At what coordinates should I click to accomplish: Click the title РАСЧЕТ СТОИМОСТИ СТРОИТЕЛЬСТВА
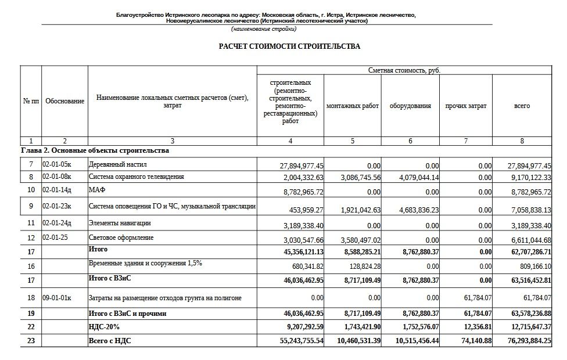(289, 46)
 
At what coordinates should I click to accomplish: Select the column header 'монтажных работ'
(353, 106)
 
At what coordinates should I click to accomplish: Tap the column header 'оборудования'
(410, 106)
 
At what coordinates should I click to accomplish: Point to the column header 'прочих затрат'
(465, 106)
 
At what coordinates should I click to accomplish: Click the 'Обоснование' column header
(64, 101)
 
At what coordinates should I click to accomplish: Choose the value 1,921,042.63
(357, 210)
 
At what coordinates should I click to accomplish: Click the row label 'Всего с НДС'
(110, 340)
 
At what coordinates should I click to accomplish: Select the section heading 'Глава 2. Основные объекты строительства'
(95, 151)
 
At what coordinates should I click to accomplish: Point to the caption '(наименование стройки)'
(259, 28)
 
